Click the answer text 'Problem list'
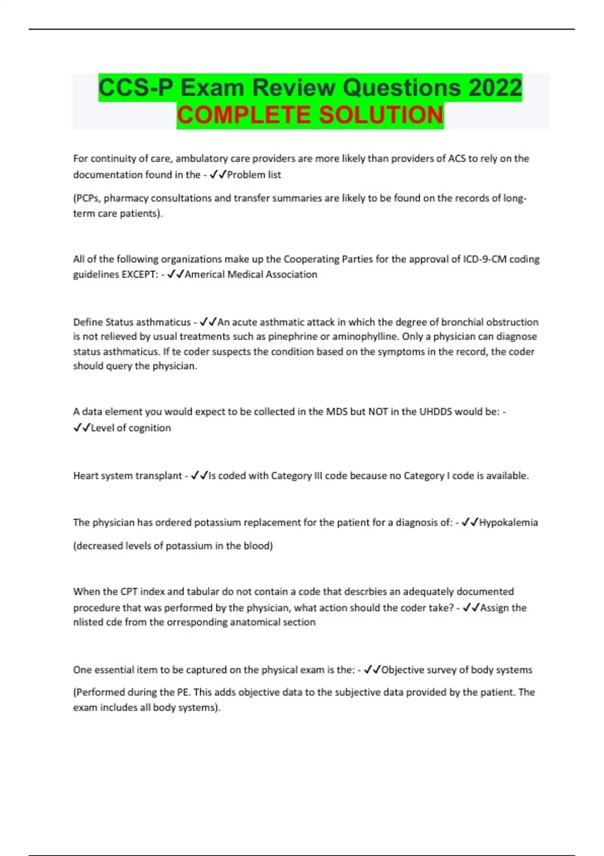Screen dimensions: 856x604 click(254, 175)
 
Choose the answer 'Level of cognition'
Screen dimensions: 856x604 click(130, 428)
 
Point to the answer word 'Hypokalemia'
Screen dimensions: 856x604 click(508, 522)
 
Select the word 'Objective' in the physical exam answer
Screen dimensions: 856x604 click(404, 670)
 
